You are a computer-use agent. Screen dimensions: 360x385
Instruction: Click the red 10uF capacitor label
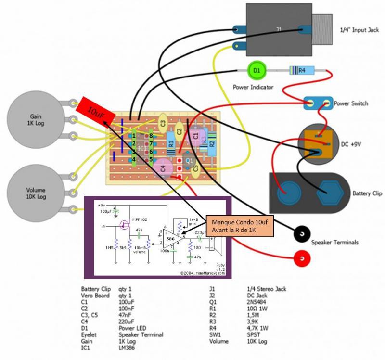pos(95,110)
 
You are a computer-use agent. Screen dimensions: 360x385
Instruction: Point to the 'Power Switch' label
pos(351,103)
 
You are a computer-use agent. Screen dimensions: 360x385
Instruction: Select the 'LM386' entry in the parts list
pos(127,347)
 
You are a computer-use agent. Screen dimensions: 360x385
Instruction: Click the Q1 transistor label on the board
pos(189,161)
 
